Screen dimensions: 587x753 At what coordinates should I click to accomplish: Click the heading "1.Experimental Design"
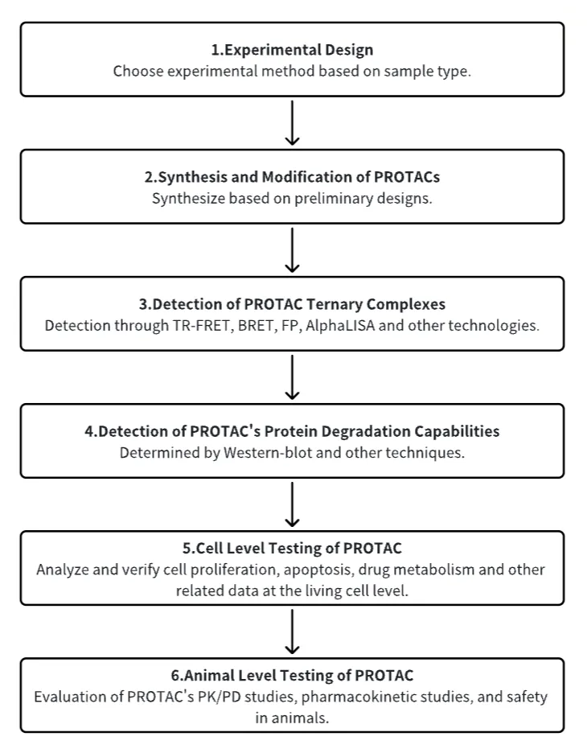292,50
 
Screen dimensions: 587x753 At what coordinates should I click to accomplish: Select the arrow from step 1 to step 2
292,122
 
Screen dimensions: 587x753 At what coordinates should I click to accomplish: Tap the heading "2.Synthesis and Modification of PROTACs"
292,177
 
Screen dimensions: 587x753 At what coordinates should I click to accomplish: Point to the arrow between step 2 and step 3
292,249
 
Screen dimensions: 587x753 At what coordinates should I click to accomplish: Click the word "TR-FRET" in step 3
203,326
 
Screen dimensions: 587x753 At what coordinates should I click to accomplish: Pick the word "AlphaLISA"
340,326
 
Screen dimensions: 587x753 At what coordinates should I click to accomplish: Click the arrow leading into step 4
292,377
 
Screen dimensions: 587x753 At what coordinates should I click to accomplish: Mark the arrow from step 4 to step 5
292,504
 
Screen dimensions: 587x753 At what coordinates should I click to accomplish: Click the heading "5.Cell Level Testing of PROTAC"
292,549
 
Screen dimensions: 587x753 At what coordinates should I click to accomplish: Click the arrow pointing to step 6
292,632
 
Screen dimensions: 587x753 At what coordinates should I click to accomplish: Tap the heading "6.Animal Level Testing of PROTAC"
292,676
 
